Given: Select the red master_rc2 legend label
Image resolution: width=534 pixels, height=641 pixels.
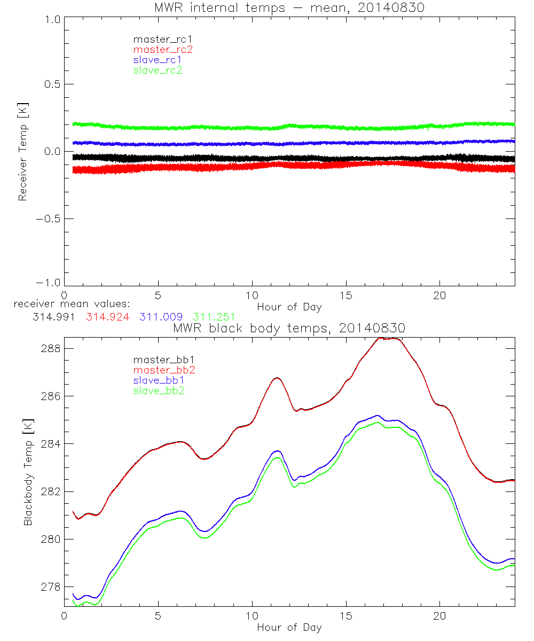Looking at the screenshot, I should (163, 49).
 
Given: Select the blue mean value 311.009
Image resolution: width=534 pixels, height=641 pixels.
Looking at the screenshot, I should (162, 316).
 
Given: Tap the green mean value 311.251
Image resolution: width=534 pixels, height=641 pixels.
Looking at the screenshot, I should (214, 316).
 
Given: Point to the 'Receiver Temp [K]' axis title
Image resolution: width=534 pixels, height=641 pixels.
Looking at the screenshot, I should (22, 152).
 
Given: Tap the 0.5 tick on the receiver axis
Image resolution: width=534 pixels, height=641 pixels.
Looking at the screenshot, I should (50, 84).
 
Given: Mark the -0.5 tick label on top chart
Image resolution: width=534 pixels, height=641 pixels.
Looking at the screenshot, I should (46, 219).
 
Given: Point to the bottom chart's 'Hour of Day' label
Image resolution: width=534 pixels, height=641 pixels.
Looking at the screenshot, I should (289, 628).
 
